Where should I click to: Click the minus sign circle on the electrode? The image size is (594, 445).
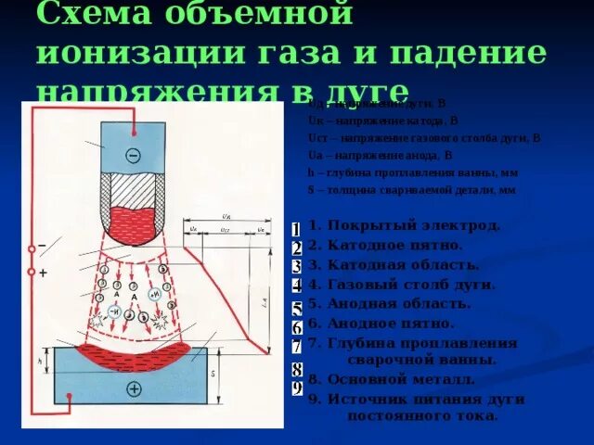pyautogui.click(x=133, y=155)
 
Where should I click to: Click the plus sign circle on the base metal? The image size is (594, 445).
pyautogui.click(x=134, y=389)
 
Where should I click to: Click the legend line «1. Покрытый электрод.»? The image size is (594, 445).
pyautogui.click(x=405, y=225)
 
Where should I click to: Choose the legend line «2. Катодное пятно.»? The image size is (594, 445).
pyautogui.click(x=385, y=245)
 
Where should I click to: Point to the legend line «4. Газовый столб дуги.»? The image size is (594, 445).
pyautogui.click(x=402, y=285)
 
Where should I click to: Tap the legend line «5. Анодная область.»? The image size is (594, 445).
pyautogui.click(x=390, y=303)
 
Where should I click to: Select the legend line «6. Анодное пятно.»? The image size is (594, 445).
pyautogui.click(x=381, y=324)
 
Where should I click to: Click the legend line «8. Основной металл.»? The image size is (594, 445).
pyautogui.click(x=392, y=379)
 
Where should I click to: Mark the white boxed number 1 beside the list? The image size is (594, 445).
pyautogui.click(x=295, y=229)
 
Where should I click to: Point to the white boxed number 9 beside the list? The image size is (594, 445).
pyautogui.click(x=296, y=388)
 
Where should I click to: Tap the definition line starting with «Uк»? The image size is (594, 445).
pyautogui.click(x=383, y=121)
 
